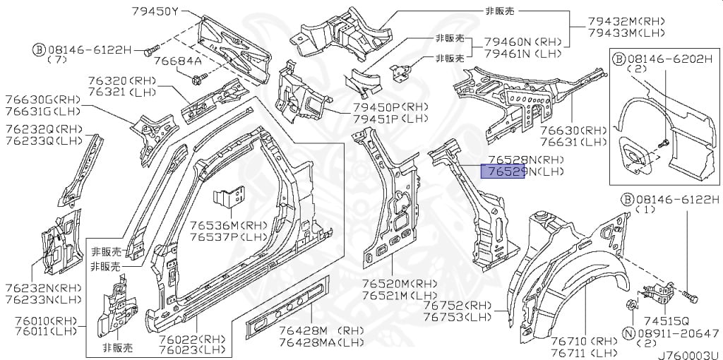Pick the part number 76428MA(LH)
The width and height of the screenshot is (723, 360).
(321, 342)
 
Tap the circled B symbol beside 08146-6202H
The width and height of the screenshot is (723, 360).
(617, 59)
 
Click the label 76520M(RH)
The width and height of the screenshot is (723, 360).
(400, 283)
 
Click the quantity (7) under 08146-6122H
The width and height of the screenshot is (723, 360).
(57, 59)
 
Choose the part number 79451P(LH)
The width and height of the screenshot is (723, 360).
(391, 119)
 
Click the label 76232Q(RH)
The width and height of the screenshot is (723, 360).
(44, 128)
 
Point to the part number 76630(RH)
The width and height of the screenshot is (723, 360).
(573, 131)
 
